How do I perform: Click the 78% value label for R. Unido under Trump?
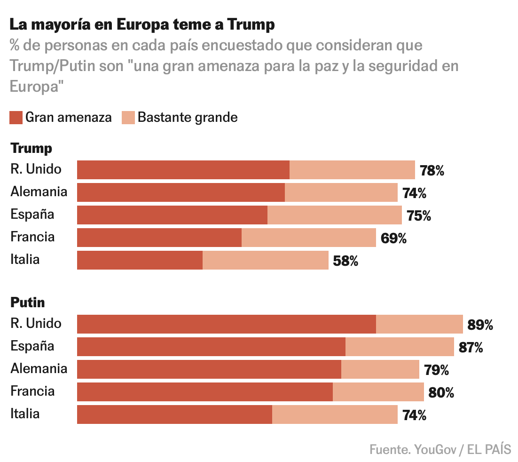[432, 170]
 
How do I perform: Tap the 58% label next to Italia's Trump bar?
[345, 261]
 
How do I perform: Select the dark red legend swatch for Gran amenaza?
[16, 117]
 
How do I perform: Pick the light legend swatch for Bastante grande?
[128, 117]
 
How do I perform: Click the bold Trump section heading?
[31, 149]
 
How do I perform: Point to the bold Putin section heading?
[28, 303]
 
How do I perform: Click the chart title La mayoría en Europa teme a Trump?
[142, 24]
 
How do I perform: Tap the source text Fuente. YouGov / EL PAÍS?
[440, 449]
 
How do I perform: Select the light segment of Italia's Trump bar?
[265, 260]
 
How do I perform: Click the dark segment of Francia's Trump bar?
[159, 238]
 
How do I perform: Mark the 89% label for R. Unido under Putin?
[480, 325]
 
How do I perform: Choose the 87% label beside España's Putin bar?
[471, 348]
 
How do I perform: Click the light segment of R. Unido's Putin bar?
[419, 324]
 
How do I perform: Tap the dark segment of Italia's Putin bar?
[174, 414]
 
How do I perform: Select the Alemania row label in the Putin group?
[39, 368]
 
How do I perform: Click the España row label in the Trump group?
[32, 215]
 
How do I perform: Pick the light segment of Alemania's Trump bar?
[341, 192]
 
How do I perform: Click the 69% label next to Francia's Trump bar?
[393, 239]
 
